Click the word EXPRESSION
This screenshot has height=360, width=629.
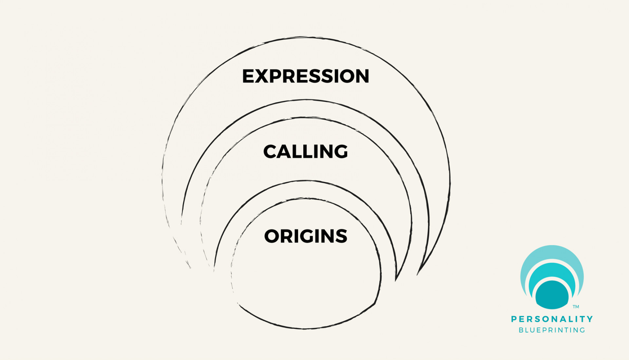(305, 76)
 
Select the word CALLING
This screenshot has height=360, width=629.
(305, 151)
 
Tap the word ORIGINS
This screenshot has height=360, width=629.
(305, 236)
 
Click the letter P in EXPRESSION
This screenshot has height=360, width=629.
(279, 76)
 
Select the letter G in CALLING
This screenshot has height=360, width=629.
(339, 151)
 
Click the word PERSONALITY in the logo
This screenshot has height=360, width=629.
(552, 319)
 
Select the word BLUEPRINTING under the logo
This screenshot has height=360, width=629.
(552, 330)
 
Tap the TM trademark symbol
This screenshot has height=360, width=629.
(576, 307)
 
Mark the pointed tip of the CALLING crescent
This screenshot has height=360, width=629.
(396, 280)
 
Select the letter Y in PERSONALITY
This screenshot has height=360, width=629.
(590, 319)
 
